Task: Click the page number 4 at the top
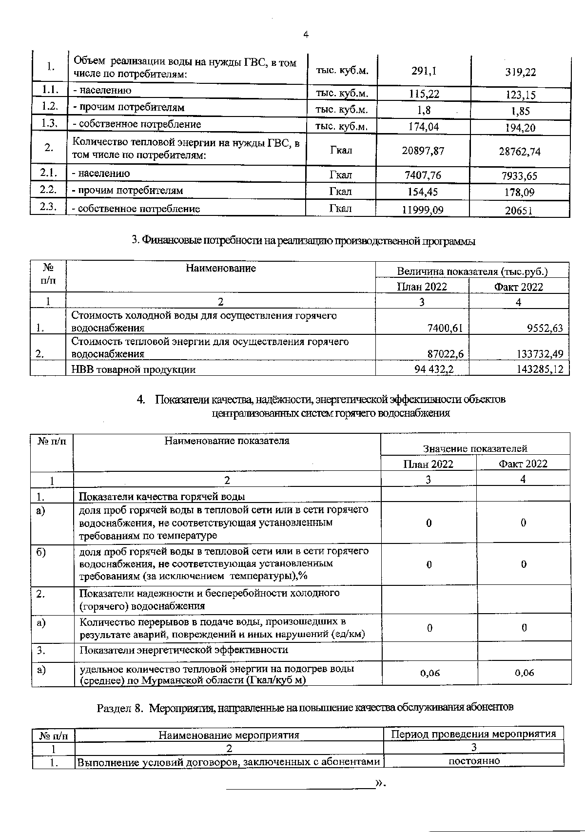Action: point(306,34)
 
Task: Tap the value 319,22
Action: point(520,72)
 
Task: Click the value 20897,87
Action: point(423,151)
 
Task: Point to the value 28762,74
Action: point(519,152)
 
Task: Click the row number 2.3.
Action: point(48,207)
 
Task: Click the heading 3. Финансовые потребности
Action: point(304,240)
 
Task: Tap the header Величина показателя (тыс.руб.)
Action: point(472,271)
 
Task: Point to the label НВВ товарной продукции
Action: point(134,369)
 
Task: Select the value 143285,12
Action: point(540,369)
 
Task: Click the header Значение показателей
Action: point(475,448)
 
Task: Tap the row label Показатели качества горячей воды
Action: point(162,496)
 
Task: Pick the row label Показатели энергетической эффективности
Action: point(183,650)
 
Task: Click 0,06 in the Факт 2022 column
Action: point(524,673)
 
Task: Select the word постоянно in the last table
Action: point(474,761)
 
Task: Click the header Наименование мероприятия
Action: point(229,735)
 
